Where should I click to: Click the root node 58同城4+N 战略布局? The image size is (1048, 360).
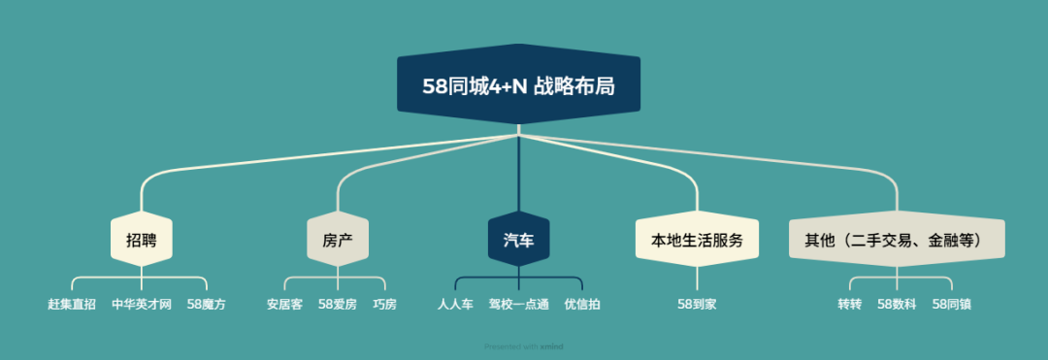pyautogui.click(x=518, y=85)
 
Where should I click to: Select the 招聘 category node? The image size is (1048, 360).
pyautogui.click(x=141, y=240)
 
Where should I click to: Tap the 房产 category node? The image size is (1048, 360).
pyautogui.click(x=337, y=240)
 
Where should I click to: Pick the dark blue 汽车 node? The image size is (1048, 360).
pyautogui.click(x=518, y=240)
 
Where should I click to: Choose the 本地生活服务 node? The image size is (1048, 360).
pyautogui.click(x=696, y=240)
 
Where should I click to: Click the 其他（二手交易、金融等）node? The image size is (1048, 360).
pyautogui.click(x=896, y=240)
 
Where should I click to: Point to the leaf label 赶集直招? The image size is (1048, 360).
pyautogui.click(x=72, y=305)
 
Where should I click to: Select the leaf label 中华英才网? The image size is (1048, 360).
pyautogui.click(x=142, y=305)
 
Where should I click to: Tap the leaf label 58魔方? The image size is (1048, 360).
pyautogui.click(x=207, y=305)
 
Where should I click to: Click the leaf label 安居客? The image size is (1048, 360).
pyautogui.click(x=284, y=305)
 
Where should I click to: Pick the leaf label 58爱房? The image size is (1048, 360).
pyautogui.click(x=338, y=305)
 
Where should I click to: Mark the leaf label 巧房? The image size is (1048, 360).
pyautogui.click(x=384, y=305)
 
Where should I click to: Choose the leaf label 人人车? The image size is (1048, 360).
pyautogui.click(x=456, y=305)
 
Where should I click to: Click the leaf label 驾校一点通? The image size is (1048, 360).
pyautogui.click(x=518, y=305)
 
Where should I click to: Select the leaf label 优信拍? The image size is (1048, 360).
pyautogui.click(x=581, y=305)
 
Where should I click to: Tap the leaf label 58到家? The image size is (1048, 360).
pyautogui.click(x=697, y=305)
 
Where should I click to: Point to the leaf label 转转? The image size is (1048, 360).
pyautogui.click(x=849, y=305)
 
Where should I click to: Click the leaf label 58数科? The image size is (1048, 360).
pyautogui.click(x=897, y=305)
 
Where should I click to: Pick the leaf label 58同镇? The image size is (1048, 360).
pyautogui.click(x=951, y=305)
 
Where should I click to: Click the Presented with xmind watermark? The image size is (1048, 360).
pyautogui.click(x=523, y=346)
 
